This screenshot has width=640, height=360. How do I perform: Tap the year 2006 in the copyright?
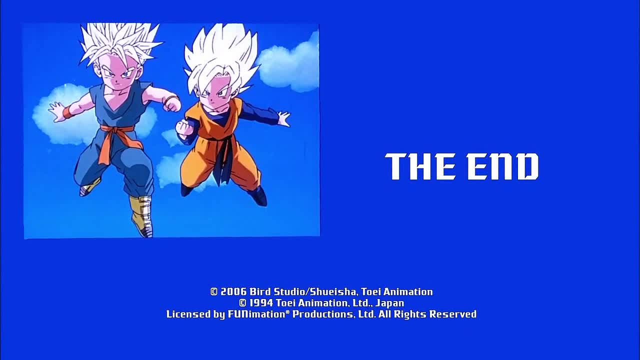pos(233,291)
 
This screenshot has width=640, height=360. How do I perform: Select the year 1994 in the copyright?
pos(261,303)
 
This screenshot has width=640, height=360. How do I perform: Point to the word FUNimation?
pos(256,314)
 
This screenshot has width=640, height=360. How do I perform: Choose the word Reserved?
pos(453,314)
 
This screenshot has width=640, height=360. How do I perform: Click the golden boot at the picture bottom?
pos(141,215)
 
